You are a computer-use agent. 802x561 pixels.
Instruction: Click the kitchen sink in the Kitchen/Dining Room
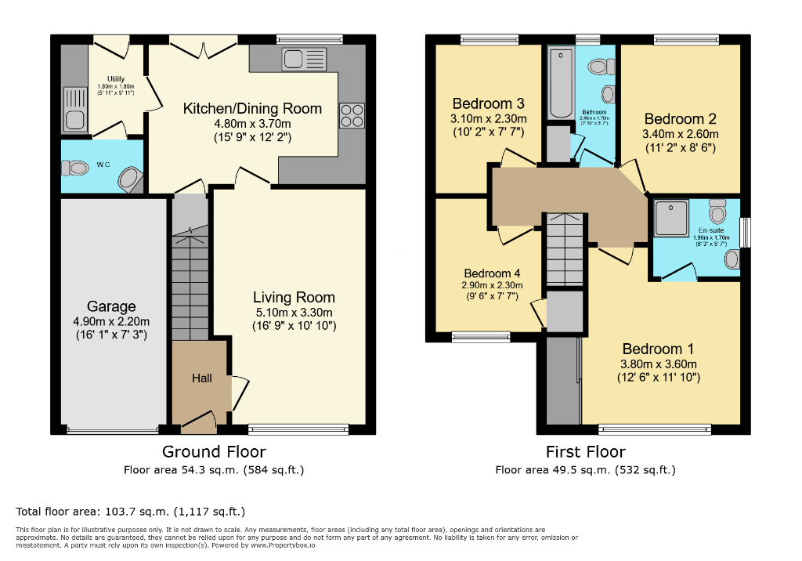point(305,59)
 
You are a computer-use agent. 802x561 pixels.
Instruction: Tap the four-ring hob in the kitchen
point(352,116)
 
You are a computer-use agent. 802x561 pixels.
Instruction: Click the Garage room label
point(111,306)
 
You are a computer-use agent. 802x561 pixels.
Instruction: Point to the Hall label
point(202,378)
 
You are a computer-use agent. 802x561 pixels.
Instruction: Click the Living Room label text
point(294,297)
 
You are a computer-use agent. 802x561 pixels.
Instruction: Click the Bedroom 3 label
point(488,103)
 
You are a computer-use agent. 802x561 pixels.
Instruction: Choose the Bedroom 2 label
point(680,119)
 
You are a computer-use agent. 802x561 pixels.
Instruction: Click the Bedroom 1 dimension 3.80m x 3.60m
point(658,364)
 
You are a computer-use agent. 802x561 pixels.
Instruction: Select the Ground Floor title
point(214,451)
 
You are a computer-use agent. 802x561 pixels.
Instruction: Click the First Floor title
point(585,451)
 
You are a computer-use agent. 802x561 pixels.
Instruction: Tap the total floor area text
point(131,512)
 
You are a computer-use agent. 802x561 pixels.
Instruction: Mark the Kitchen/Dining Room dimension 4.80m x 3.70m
point(252,124)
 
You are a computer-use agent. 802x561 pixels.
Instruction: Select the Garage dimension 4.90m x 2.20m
point(111,321)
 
